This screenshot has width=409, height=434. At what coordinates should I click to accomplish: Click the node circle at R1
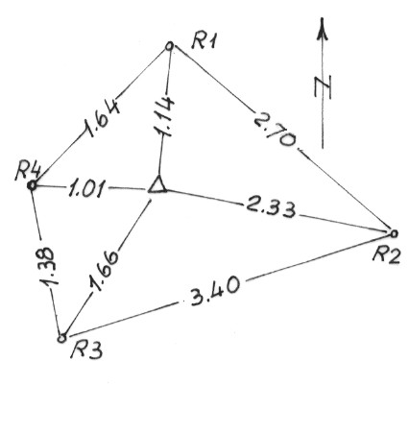170,46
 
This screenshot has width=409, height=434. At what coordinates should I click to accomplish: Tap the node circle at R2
394,233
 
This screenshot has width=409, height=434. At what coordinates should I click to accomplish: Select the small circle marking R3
61,338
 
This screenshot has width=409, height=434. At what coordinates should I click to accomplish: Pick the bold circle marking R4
32,185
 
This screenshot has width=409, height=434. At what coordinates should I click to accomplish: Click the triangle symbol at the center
157,185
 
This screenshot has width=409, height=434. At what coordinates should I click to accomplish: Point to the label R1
204,41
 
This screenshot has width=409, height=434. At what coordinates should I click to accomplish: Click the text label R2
387,255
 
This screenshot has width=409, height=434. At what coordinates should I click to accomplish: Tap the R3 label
86,350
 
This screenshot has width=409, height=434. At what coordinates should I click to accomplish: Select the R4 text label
28,171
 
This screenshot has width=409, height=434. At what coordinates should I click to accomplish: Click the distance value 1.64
101,119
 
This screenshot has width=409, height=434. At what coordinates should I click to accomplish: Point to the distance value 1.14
164,116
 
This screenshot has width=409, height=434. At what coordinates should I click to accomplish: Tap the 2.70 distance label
275,132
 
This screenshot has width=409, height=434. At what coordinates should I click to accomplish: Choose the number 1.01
86,189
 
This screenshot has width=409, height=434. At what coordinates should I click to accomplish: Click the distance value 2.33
271,208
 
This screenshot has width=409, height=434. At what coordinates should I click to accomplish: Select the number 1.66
103,271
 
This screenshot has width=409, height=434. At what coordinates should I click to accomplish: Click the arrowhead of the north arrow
323,29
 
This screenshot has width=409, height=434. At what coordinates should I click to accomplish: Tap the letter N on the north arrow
323,87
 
